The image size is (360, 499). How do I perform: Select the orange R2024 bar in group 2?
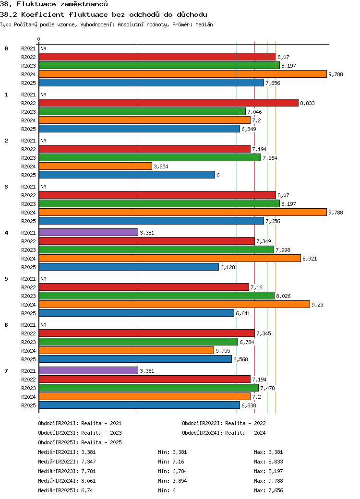point(96,166)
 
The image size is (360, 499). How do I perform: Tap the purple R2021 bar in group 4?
point(88,233)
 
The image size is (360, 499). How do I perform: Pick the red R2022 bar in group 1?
point(168,103)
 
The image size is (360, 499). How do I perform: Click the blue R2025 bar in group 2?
point(127,175)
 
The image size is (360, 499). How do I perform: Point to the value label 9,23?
point(317,304)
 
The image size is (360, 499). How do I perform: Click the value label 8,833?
point(307,103)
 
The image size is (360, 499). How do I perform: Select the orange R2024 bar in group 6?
point(126,350)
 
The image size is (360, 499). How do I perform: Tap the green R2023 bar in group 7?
point(149,388)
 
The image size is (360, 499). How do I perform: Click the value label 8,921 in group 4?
point(310,259)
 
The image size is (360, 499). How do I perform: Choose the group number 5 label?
point(6,279)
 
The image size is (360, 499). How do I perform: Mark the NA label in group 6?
point(43,325)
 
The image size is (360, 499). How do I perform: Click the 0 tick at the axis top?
point(39,39)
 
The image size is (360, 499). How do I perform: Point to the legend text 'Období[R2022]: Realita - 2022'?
point(224,423)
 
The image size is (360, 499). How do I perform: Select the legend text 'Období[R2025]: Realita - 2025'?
point(80,442)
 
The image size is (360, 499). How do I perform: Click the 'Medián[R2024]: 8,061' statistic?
point(66,481)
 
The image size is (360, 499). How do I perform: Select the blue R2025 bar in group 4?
point(129,267)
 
